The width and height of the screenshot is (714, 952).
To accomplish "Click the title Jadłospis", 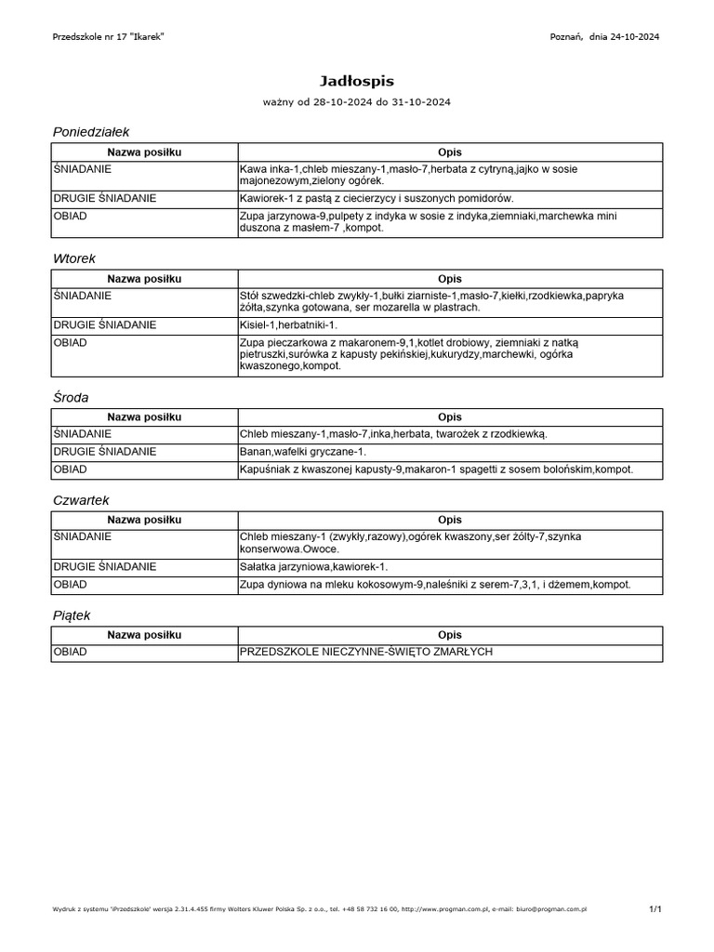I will click(x=357, y=82).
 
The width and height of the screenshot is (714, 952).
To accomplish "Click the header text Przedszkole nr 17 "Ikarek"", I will click(x=110, y=36).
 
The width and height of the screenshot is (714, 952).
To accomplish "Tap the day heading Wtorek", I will click(x=75, y=258).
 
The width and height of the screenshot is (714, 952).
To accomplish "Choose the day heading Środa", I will click(x=72, y=397).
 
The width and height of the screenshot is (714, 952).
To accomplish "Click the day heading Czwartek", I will click(x=82, y=500).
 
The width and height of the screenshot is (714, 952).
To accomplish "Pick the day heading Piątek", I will click(x=72, y=615).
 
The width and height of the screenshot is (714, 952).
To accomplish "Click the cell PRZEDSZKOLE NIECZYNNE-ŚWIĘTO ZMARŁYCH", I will click(x=365, y=652).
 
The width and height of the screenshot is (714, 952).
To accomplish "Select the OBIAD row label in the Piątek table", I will click(x=71, y=652).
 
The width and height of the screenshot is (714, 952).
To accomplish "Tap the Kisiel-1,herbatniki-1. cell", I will click(x=288, y=325).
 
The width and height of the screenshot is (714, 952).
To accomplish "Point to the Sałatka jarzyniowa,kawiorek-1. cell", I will click(x=313, y=566).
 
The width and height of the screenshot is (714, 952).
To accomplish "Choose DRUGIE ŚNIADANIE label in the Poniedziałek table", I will click(x=105, y=198).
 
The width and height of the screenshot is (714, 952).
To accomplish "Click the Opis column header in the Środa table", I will click(x=450, y=417).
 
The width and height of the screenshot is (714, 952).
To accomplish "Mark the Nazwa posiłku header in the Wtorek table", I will click(x=144, y=279).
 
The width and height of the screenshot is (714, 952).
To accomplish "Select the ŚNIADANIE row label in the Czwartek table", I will click(x=83, y=536).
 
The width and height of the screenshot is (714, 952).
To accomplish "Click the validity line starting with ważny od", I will click(x=357, y=100).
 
